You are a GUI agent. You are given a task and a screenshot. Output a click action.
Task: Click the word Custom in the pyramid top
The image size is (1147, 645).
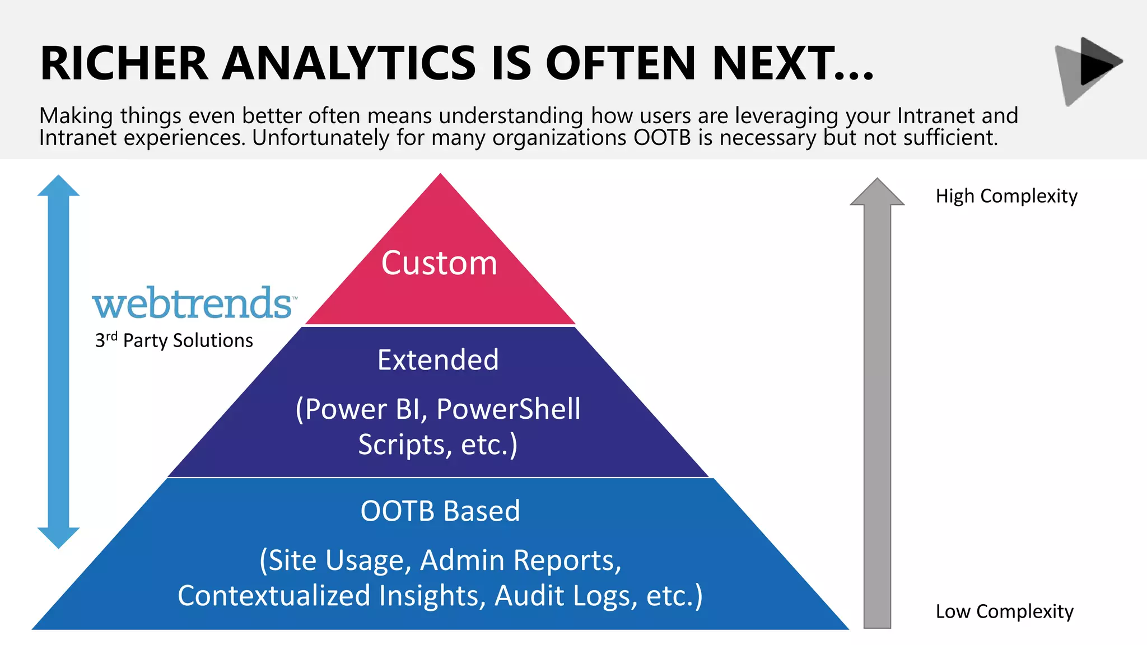point(439,263)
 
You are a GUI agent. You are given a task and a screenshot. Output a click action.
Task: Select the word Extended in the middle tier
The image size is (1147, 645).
point(438,360)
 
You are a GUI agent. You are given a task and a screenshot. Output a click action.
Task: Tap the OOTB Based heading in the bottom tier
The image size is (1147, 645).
point(440,511)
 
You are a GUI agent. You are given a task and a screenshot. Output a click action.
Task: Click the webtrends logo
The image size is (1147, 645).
point(194,304)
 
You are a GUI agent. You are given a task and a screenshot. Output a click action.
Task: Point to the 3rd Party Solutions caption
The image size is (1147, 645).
point(174,340)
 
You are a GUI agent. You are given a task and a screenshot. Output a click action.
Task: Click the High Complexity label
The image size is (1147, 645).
point(1006,196)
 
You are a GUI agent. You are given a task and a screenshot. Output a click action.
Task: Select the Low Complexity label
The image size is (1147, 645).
point(1004,611)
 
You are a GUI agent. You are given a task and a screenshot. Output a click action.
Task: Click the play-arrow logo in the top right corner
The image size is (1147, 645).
point(1089,69)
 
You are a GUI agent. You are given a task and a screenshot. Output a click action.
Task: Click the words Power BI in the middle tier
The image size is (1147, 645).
point(367,409)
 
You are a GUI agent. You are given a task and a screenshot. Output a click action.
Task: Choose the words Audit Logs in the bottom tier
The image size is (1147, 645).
point(566,596)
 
